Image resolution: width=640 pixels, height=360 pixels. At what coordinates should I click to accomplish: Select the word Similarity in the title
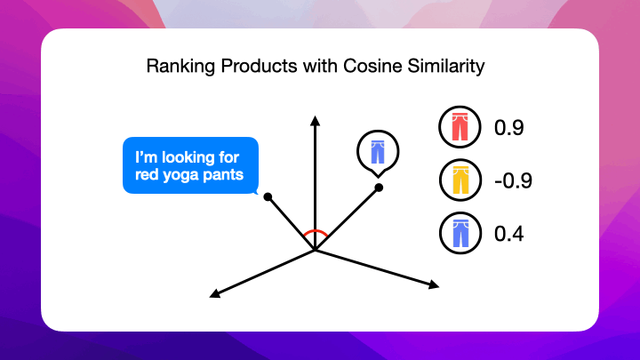pos(452,67)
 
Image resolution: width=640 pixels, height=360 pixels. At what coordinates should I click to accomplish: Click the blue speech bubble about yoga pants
pos(189,165)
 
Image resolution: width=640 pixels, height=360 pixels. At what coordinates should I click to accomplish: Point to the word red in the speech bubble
pos(147,173)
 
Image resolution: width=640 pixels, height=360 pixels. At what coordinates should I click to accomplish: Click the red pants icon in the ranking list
pos(459,128)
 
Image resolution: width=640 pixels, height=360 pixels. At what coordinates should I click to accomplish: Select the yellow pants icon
pos(459,181)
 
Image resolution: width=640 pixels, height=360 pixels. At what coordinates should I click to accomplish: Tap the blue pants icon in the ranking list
pos(459,235)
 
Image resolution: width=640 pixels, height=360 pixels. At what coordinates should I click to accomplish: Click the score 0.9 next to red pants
pos(508,128)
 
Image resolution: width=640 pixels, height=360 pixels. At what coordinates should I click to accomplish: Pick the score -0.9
pos(513,181)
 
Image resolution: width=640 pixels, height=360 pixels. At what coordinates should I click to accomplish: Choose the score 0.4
pos(508,235)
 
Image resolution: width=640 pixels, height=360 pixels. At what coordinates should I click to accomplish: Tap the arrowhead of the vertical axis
pos(315,120)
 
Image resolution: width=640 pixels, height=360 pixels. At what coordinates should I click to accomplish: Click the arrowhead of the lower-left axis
pos(214,292)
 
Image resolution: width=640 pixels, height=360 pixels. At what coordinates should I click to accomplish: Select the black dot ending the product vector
pos(379,188)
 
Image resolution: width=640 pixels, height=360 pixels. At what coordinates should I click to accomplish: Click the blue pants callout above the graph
pos(376,151)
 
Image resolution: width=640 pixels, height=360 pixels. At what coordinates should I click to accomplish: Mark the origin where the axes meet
pos(315,250)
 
